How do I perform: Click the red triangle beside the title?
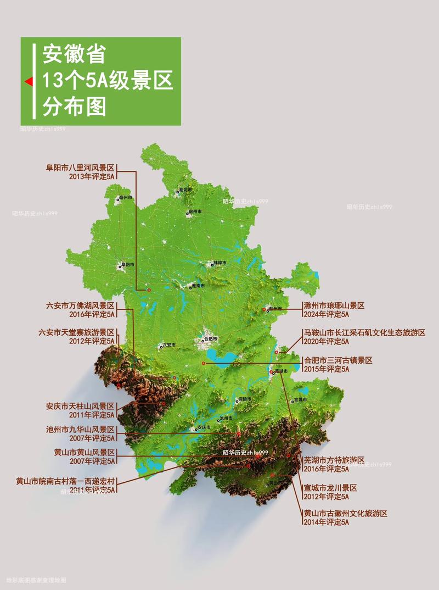27,82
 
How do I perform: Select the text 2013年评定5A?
92,177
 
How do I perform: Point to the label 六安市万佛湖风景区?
80,305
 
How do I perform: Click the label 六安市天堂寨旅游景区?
76,332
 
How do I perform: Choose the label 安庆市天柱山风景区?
80,407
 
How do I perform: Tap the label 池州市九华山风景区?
80,430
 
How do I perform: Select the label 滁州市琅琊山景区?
334,305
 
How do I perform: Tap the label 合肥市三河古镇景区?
338,360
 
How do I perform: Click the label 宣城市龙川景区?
330,487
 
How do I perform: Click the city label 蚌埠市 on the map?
219,264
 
